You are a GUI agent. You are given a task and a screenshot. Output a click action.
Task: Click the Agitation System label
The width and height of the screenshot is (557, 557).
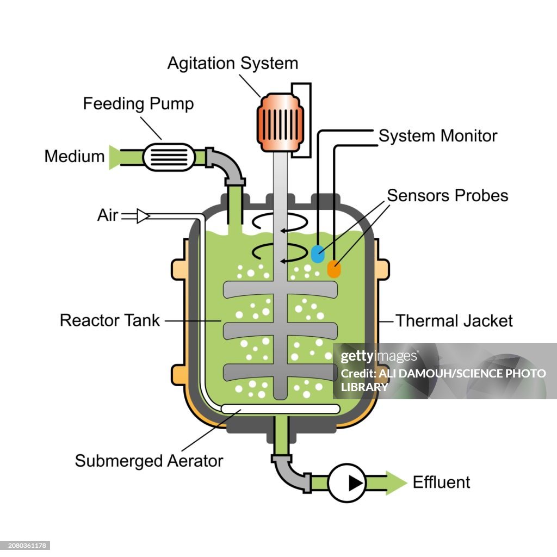(232, 63)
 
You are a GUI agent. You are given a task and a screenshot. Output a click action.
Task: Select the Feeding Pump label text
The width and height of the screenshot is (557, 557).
(138, 103)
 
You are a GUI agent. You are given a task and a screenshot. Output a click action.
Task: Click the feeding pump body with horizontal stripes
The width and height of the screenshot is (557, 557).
(169, 157)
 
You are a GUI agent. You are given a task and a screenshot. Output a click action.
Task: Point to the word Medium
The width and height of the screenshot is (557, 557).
(75, 157)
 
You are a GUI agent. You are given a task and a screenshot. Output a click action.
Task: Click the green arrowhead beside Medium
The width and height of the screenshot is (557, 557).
(114, 157)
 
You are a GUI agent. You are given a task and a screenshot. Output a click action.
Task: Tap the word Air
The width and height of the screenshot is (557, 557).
(107, 215)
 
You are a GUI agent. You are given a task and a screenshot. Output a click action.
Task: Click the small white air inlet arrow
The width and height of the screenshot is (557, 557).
(143, 216)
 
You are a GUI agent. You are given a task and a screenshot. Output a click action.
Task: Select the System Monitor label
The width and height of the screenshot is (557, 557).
(438, 135)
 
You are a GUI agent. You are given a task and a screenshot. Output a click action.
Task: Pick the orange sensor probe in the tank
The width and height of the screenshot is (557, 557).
(334, 269)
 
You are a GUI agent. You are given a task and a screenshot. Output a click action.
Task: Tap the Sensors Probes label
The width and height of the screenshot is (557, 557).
(447, 195)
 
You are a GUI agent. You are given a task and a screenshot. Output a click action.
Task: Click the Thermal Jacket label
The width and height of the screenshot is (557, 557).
(454, 320)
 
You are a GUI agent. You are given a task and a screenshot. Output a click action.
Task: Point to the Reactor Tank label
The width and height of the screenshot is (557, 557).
(110, 320)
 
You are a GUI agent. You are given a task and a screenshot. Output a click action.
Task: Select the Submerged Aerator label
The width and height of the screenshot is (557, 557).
(148, 461)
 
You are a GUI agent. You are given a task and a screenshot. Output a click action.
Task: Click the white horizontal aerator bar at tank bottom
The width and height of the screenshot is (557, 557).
(280, 409)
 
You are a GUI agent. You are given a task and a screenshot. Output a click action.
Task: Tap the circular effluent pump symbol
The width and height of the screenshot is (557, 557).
(347, 482)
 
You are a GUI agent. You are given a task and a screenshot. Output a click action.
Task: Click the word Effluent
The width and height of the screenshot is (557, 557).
(441, 482)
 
